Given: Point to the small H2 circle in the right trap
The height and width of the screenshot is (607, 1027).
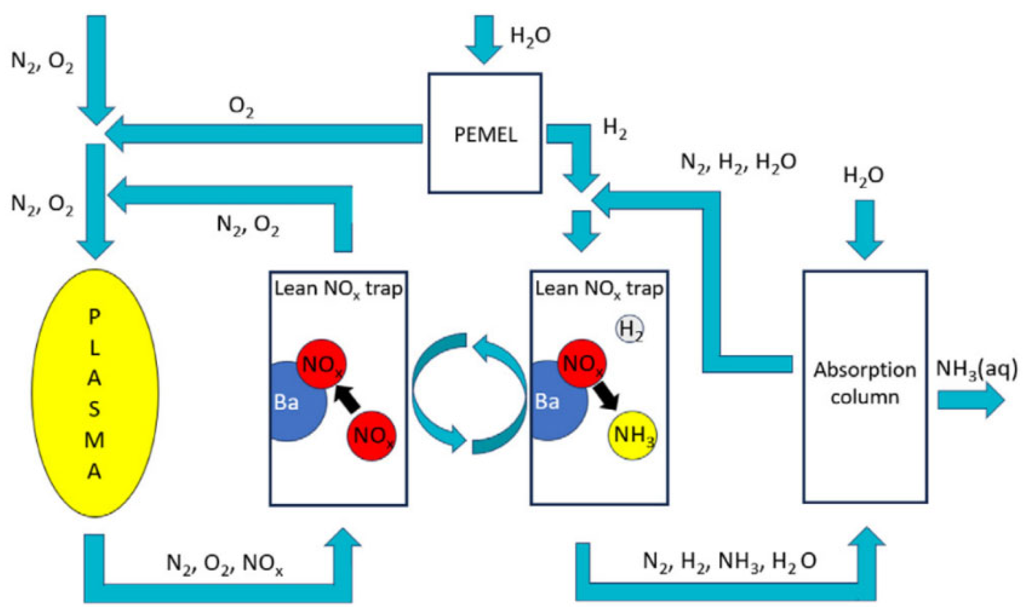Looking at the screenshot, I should pos(630,329).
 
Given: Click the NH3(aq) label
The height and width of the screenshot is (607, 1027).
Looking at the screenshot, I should pos(977,369).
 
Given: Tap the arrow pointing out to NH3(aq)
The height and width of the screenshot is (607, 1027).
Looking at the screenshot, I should pos(969,400).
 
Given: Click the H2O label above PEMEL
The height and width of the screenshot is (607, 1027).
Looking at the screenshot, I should pos(530,36).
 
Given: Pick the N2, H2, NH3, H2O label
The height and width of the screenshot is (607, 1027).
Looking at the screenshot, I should pos(729,561).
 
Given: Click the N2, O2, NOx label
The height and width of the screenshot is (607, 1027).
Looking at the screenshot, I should pos(224,563).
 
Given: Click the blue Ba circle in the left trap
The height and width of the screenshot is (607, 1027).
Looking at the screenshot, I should pos(290,408).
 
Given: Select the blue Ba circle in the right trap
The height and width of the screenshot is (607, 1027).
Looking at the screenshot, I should pos(551,408).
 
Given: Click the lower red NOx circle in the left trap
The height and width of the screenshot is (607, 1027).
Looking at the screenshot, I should pos(371,436).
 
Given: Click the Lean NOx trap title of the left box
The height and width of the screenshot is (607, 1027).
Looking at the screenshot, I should pos(338,289).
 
